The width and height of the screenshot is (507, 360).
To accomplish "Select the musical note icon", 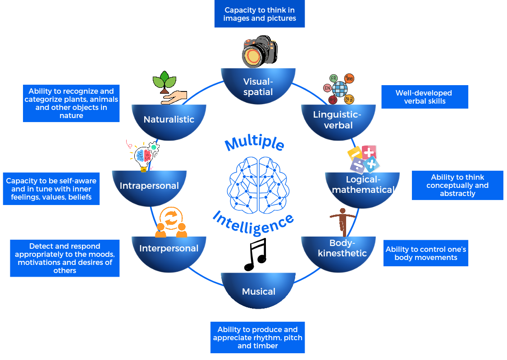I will [x=256, y=254].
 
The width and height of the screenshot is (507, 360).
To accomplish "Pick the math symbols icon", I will [x=363, y=159].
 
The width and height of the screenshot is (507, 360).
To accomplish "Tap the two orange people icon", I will [x=171, y=223].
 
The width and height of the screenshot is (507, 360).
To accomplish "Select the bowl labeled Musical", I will [x=258, y=291].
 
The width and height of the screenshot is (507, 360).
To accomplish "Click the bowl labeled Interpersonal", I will [x=169, y=248].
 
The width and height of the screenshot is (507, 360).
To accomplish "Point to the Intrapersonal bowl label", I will [x=149, y=186].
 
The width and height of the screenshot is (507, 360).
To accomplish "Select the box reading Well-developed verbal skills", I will [x=425, y=97].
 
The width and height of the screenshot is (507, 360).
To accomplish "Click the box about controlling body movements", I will [x=426, y=254].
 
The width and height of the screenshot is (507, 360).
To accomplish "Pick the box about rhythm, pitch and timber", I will [x=257, y=337].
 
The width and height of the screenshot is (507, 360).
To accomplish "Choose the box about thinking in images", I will [x=260, y=14].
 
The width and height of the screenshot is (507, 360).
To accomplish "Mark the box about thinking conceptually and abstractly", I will [x=457, y=185].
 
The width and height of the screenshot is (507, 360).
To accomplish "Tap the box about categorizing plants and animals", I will [x=71, y=103].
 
